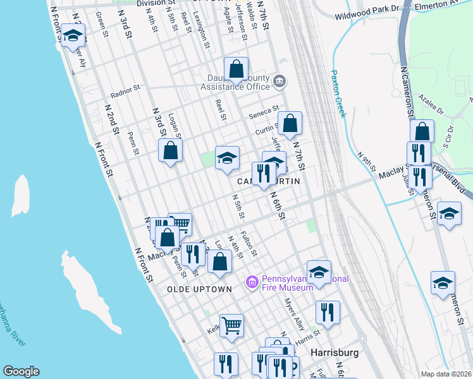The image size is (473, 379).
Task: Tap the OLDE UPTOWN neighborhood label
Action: point(199,289)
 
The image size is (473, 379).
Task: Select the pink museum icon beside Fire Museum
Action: point(252,280)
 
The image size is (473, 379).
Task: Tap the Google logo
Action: point(21,371)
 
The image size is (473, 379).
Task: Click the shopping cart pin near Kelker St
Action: point(231,325)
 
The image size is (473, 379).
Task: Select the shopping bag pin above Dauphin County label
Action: point(236,68)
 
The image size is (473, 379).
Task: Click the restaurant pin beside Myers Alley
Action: point(328,311)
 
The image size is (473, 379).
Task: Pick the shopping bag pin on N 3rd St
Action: point(170,150)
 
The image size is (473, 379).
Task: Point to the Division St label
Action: point(160,3)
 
